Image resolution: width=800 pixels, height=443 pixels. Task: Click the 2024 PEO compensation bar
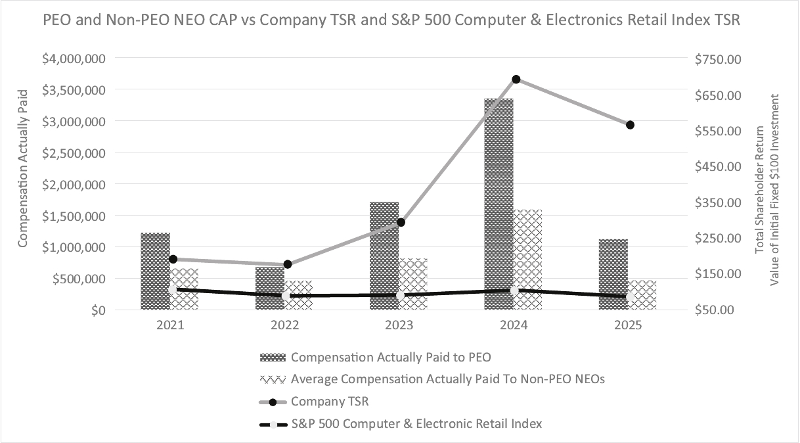[499, 204]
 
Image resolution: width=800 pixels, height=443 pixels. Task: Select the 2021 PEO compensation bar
[155, 271]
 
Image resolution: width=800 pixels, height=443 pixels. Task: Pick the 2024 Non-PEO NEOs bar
[528, 260]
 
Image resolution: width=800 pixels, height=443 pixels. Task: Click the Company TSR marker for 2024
[516, 80]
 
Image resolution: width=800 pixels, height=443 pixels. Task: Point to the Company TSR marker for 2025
[630, 125]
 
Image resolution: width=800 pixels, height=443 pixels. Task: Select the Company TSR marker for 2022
[288, 264]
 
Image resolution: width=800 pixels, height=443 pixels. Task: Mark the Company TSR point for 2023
[401, 222]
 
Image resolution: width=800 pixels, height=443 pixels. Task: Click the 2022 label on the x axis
[284, 325]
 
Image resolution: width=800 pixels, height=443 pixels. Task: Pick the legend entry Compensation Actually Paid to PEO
[391, 358]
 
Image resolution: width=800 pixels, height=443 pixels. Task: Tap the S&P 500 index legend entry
[416, 424]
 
